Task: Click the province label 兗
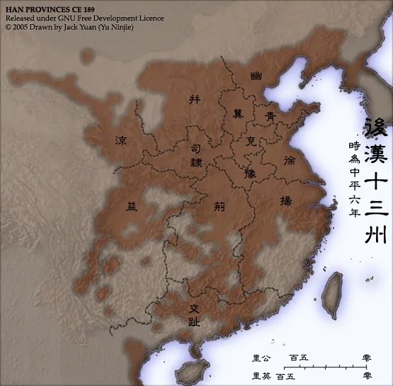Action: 251,141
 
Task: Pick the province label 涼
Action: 122,141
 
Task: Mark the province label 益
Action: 132,207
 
